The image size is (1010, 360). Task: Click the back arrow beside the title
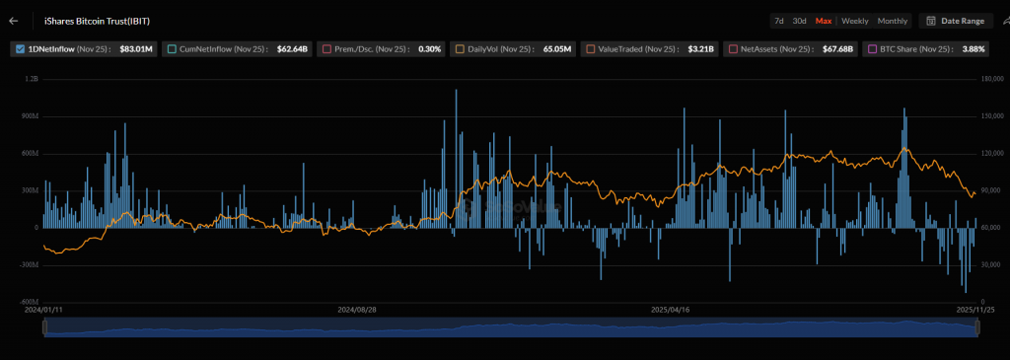click(13, 20)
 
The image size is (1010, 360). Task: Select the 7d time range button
click(779, 21)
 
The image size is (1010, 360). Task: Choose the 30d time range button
click(800, 21)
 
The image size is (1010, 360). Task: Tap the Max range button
click(824, 21)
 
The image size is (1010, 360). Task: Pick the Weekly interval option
click(854, 21)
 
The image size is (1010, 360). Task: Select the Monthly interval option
click(892, 21)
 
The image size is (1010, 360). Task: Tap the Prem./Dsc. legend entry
click(355, 48)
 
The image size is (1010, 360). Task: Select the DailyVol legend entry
click(492, 48)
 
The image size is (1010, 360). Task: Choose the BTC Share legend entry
click(907, 48)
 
